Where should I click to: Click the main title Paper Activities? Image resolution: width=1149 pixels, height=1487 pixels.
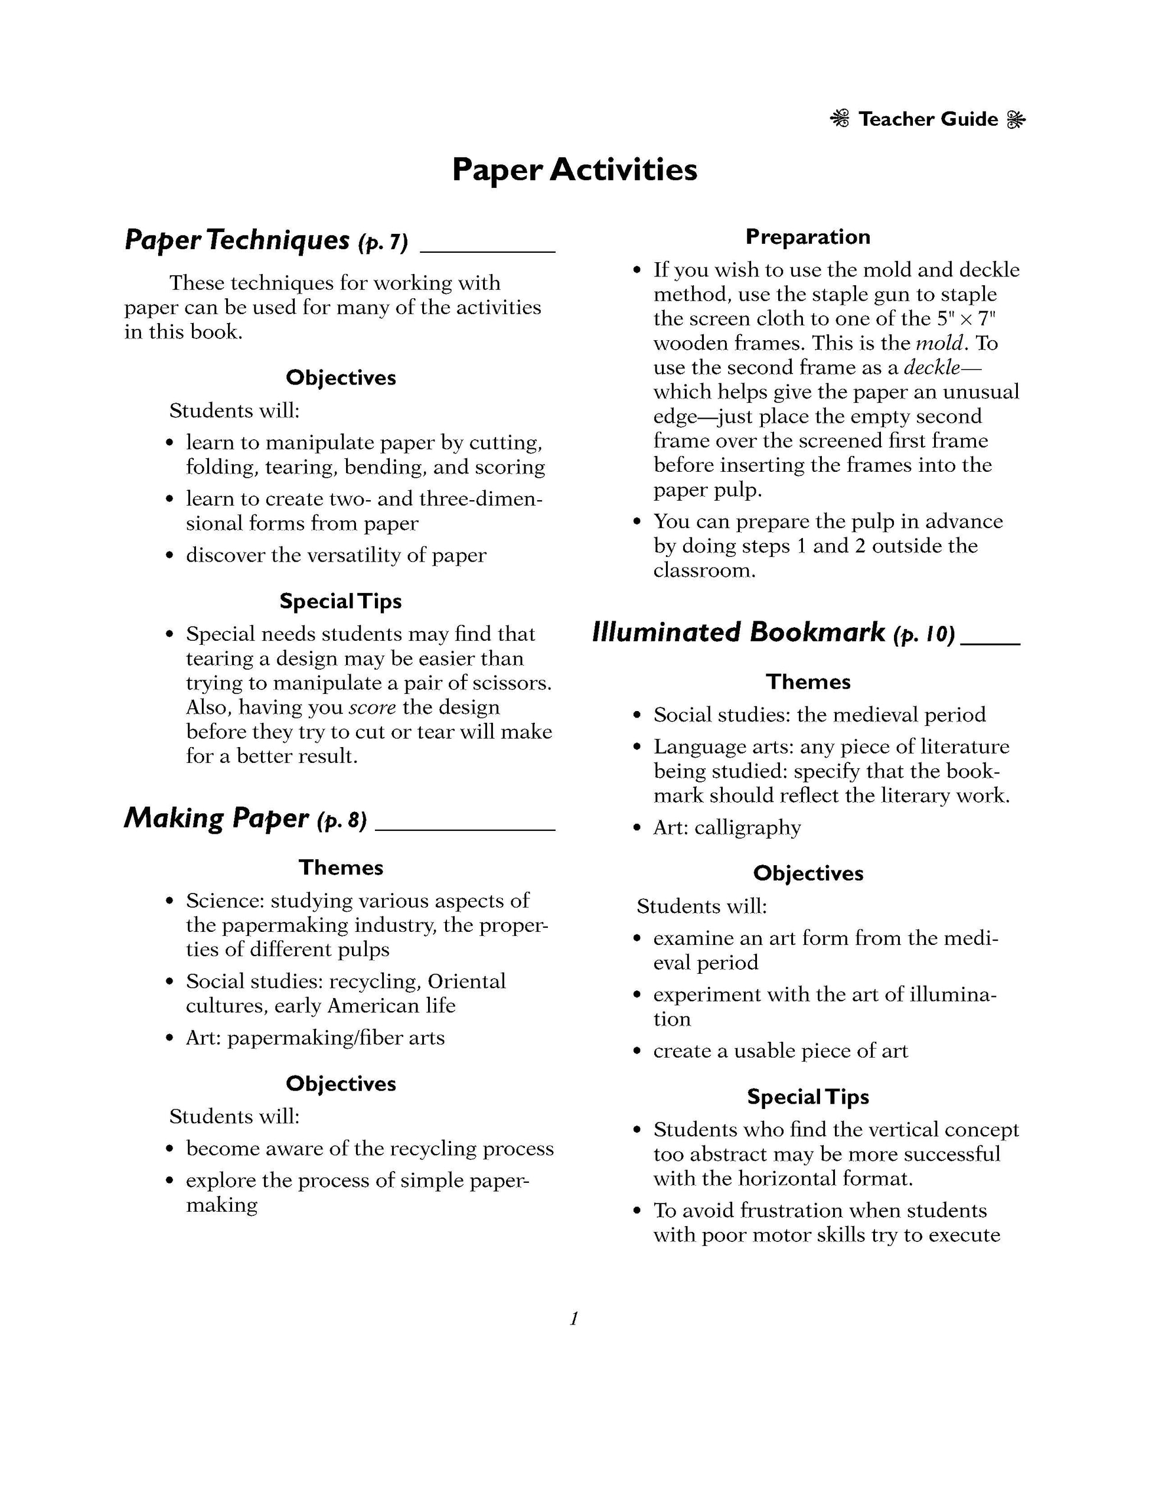[574, 169]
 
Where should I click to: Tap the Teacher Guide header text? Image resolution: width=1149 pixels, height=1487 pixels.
[928, 120]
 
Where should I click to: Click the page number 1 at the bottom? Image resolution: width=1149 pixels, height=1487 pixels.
[574, 1319]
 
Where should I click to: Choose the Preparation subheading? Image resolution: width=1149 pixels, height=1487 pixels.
[808, 237]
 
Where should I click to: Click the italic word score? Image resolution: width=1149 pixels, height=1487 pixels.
[373, 707]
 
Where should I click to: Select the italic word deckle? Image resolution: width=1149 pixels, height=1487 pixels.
[932, 368]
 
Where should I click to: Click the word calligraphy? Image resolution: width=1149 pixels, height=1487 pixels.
[747, 828]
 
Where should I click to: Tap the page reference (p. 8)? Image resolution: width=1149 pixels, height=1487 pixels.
[342, 820]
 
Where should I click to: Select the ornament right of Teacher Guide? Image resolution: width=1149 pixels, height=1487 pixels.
[1016, 120]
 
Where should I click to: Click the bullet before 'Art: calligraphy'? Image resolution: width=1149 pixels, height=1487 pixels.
[637, 829]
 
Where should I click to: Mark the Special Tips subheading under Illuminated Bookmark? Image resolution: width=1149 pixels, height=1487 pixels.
[808, 1097]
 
